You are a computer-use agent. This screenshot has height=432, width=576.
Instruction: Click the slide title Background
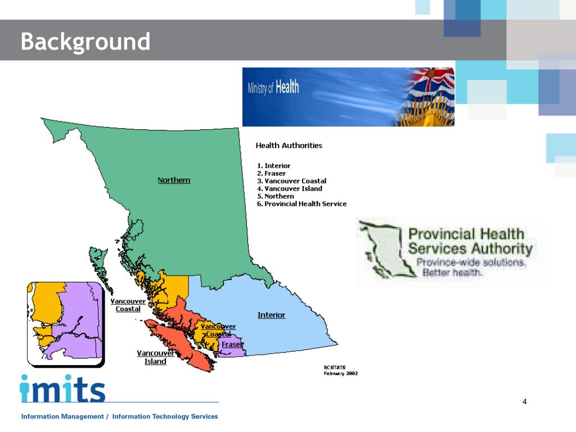(x=85, y=42)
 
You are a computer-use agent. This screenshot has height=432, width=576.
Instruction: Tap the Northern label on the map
(x=174, y=180)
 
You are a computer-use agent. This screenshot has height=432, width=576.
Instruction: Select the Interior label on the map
(x=271, y=315)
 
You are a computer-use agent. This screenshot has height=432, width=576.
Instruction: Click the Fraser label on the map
(x=232, y=344)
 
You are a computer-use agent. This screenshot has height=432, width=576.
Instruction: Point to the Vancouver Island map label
(x=155, y=357)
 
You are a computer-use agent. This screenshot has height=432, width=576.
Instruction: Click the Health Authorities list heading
(x=289, y=145)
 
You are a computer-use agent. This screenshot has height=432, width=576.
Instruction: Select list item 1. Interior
(x=274, y=166)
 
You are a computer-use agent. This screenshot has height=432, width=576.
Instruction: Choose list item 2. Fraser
(x=272, y=173)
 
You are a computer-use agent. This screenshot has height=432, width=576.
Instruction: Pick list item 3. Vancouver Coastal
(x=291, y=181)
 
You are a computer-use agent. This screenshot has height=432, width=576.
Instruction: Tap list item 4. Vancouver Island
(x=290, y=188)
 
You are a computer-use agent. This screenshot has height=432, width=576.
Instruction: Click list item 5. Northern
(x=276, y=196)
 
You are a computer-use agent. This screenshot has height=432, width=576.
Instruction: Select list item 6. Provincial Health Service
(x=302, y=204)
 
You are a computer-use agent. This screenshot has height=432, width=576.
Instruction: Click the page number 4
(x=524, y=401)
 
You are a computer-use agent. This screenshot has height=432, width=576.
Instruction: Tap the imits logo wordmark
(x=62, y=389)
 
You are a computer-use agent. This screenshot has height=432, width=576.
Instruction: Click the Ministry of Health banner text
(x=273, y=88)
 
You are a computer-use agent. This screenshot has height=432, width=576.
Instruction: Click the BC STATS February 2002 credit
(x=340, y=370)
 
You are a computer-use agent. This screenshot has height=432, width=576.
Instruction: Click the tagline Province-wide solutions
(x=471, y=263)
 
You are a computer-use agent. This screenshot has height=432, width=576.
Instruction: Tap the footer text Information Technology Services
(x=165, y=417)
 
